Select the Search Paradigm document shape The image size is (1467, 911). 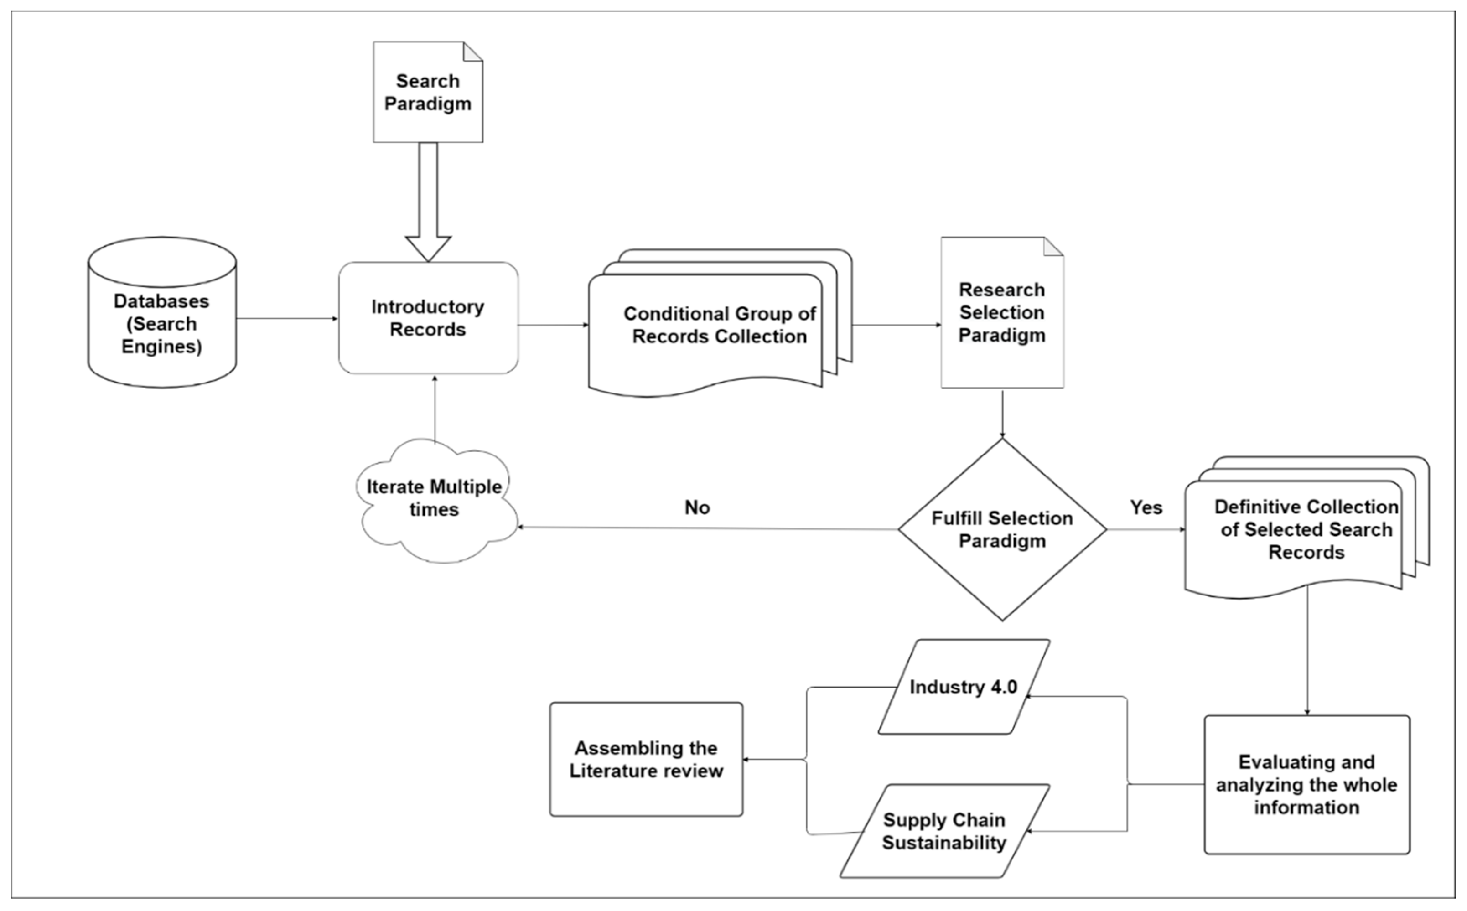point(428,92)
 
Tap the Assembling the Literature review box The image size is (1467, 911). point(646,759)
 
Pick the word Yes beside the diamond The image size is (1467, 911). point(1146,507)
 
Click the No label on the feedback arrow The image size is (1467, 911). point(697,507)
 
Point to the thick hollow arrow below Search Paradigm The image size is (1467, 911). point(428,199)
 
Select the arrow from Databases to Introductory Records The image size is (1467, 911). point(286,319)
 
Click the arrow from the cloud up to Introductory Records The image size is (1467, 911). point(434,410)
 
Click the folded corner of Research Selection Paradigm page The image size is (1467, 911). point(1055,246)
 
